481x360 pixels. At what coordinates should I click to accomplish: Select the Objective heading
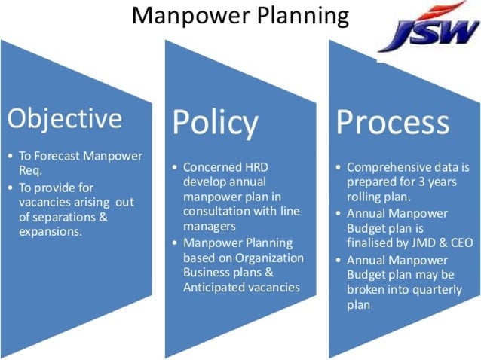tap(64, 118)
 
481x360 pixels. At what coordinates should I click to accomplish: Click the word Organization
tap(268, 258)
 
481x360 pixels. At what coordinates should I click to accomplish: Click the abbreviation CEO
tap(461, 243)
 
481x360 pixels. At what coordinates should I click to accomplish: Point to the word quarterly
tap(432, 289)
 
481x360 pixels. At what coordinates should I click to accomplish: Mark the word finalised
tap(374, 243)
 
